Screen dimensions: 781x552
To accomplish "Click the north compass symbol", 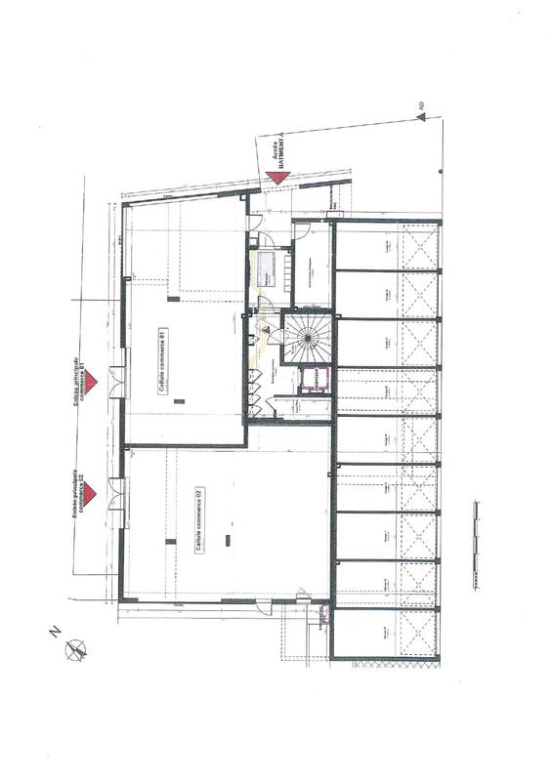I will click(74, 648).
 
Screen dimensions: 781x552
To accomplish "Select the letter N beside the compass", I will click(54, 633).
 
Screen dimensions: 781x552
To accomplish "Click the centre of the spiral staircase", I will click(308, 337).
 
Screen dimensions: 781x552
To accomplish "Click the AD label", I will click(421, 103).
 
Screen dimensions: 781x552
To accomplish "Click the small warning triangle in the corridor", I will click(266, 332).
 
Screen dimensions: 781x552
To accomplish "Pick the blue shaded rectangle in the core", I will click(267, 267).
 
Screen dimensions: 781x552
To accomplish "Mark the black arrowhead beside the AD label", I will click(419, 117).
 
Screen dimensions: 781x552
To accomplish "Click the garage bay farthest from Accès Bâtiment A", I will click(387, 633).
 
